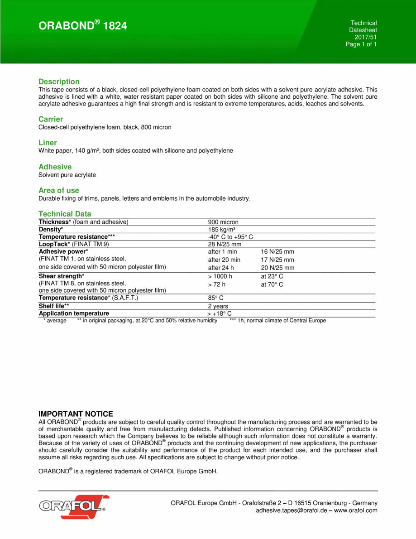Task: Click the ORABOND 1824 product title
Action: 83,26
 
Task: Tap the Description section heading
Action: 59,82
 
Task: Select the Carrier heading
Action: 51,119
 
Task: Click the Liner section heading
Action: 48,143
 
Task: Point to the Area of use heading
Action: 59,190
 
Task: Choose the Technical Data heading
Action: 65,214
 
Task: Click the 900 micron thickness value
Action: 223,222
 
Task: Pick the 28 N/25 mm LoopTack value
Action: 225,245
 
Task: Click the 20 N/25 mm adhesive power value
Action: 277,268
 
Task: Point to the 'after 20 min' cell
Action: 224,260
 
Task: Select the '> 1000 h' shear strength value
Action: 220,276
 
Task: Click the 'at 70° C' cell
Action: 272,284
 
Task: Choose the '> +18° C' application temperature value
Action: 220,313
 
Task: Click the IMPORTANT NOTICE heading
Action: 76,414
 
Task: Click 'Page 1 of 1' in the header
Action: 361,44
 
